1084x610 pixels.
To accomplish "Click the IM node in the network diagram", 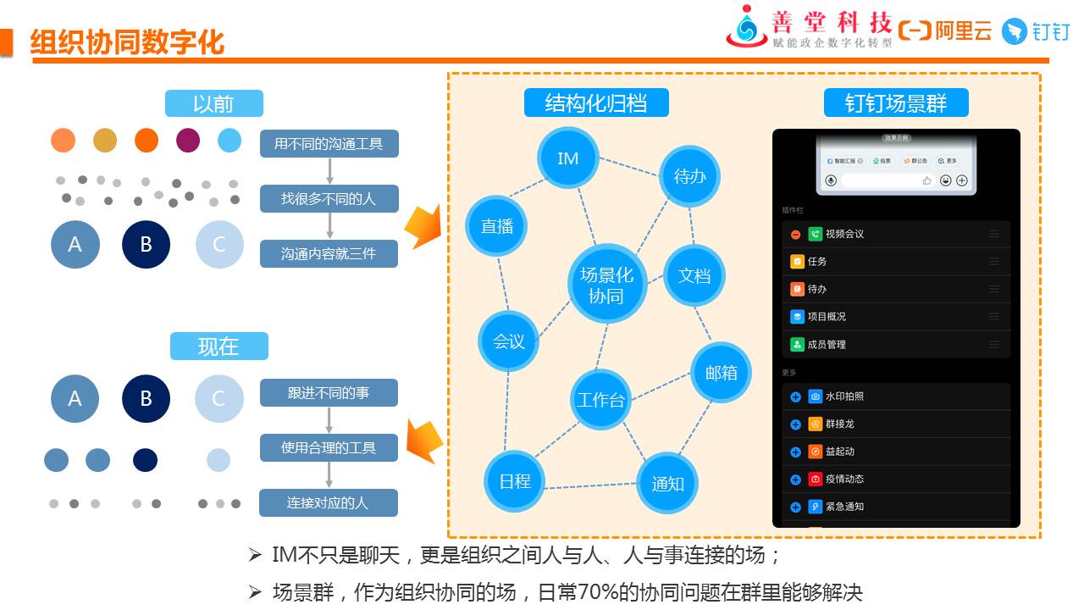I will pos(568,158).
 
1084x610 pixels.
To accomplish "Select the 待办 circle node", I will pos(689,176).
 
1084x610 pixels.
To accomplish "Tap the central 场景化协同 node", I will pos(606,285).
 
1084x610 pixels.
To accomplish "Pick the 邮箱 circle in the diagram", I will pos(721,372).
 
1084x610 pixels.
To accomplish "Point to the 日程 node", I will pos(515,481).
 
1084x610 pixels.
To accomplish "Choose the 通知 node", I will pos(667,484).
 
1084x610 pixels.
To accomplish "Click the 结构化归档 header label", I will pos(596,103).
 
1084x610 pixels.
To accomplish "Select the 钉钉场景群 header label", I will pos(896,103).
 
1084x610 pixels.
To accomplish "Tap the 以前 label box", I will pos(213,103).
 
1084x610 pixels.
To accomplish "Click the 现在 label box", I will pos(218,346).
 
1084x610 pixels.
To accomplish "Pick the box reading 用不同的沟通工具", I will pos(329,143).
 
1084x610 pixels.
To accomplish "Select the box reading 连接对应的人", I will pos(328,502).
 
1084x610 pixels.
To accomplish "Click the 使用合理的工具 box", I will pos(329,447).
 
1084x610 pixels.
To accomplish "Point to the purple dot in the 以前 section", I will pos(188,140).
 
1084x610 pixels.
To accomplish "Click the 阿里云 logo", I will pos(945,31).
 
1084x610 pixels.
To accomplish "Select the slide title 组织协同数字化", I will pos(127,42).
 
